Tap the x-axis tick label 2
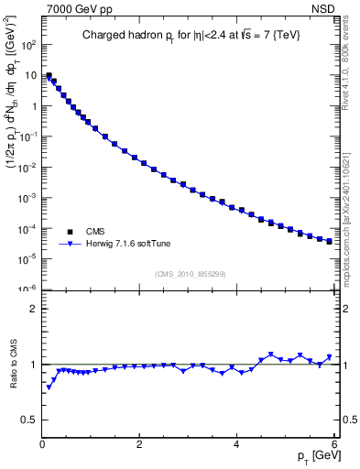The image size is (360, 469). [x=139, y=445]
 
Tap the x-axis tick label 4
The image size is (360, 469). [x=236, y=445]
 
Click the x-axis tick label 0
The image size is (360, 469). [x=42, y=445]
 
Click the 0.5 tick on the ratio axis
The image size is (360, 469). [x=30, y=420]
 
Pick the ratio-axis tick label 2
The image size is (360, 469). [x=34, y=309]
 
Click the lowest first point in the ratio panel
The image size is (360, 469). [x=49, y=387]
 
